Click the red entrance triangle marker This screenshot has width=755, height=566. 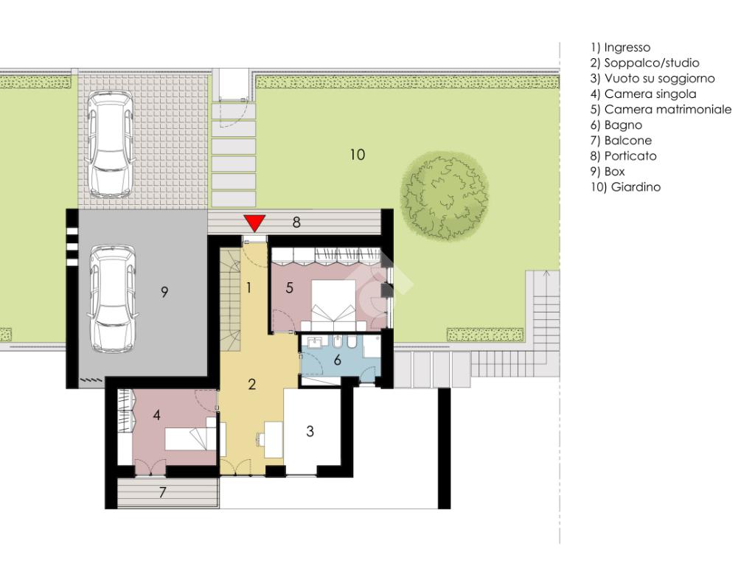click(254, 223)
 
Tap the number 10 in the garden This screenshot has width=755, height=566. click(358, 155)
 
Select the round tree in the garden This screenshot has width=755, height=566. click(445, 195)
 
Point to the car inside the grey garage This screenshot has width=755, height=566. click(113, 298)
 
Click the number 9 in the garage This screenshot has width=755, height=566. click(164, 292)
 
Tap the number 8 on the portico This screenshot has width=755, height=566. click(296, 222)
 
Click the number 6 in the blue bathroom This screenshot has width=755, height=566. click(337, 360)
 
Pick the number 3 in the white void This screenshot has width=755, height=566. click(310, 431)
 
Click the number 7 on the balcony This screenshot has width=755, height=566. click(162, 492)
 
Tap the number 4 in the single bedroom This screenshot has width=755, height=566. click(156, 415)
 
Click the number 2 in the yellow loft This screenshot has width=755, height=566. click(252, 384)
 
